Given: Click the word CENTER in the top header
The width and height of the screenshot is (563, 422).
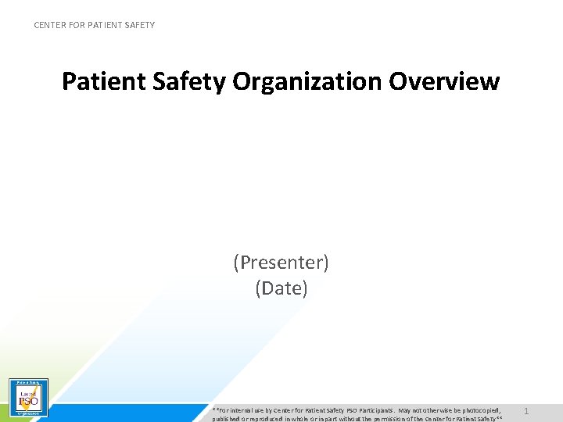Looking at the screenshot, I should pos(51,25).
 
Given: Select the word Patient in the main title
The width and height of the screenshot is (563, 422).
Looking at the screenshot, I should pos(100,81).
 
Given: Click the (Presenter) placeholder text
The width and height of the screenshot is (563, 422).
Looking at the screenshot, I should pos(281,263).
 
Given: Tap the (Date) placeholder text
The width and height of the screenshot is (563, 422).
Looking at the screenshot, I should pos(281,288).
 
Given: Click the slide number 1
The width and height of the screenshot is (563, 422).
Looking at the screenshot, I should pos(526,411).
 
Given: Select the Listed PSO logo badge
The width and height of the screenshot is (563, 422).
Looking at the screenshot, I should pos(29,398).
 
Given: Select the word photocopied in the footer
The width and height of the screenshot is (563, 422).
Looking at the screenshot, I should pos(478,410).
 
